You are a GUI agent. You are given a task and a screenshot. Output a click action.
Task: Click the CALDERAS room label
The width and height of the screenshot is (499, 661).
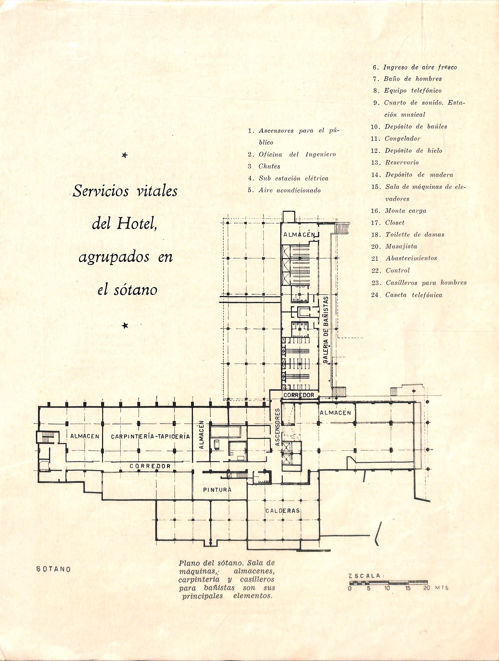(282, 511)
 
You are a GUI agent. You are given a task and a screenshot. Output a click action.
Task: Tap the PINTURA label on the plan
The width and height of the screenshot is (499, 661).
(217, 490)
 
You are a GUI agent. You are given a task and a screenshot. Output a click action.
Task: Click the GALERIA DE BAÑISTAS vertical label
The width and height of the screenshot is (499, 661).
(326, 330)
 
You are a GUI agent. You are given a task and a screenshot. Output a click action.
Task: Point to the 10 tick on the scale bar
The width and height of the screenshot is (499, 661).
(387, 588)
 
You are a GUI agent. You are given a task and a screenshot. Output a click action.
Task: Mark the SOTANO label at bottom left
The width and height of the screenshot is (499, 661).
(53, 569)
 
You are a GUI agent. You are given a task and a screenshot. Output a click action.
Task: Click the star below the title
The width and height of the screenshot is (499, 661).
(125, 326)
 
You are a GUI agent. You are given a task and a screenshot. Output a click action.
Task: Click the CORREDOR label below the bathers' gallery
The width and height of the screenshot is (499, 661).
(299, 395)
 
